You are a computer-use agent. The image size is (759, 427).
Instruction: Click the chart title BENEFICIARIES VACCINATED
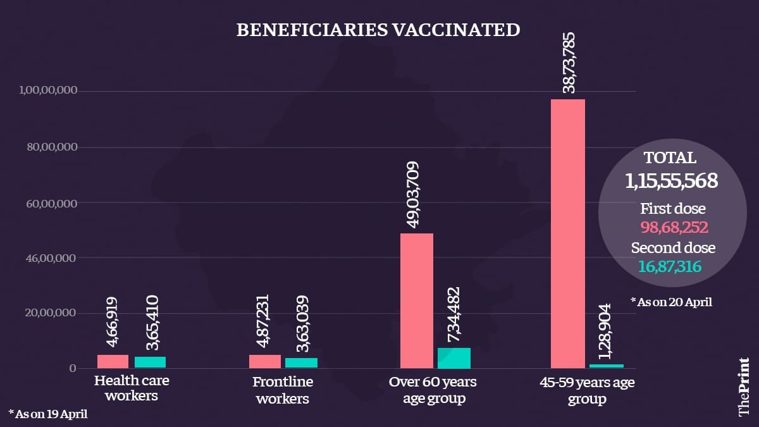click(378, 30)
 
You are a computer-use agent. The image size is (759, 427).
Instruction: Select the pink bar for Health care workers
click(113, 361)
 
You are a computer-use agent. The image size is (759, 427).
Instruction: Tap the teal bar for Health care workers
click(150, 362)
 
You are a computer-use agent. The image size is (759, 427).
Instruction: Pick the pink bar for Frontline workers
click(265, 361)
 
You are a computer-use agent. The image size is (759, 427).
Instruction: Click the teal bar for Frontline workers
click(301, 362)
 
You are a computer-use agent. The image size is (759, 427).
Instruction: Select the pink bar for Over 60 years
click(416, 300)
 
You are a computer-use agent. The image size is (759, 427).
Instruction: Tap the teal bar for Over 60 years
click(454, 358)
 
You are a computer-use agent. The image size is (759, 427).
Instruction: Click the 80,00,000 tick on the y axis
click(53, 147)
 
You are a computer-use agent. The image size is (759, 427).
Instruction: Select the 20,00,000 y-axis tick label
click(53, 313)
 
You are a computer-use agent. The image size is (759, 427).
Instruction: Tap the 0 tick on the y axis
click(73, 368)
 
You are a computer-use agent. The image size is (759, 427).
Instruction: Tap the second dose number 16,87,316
click(670, 267)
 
